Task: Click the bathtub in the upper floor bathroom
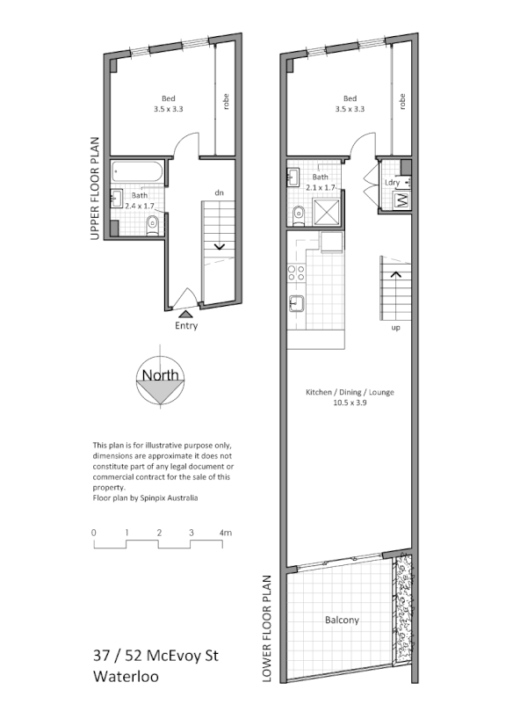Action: tap(139, 173)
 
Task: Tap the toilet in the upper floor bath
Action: tap(153, 225)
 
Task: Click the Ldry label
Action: tap(392, 182)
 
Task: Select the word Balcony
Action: tap(342, 620)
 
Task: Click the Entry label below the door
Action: tap(185, 325)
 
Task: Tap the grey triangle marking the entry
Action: tap(185, 311)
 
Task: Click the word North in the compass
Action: tap(161, 375)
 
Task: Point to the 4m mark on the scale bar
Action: tap(225, 533)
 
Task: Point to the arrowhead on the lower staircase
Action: tap(395, 274)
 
